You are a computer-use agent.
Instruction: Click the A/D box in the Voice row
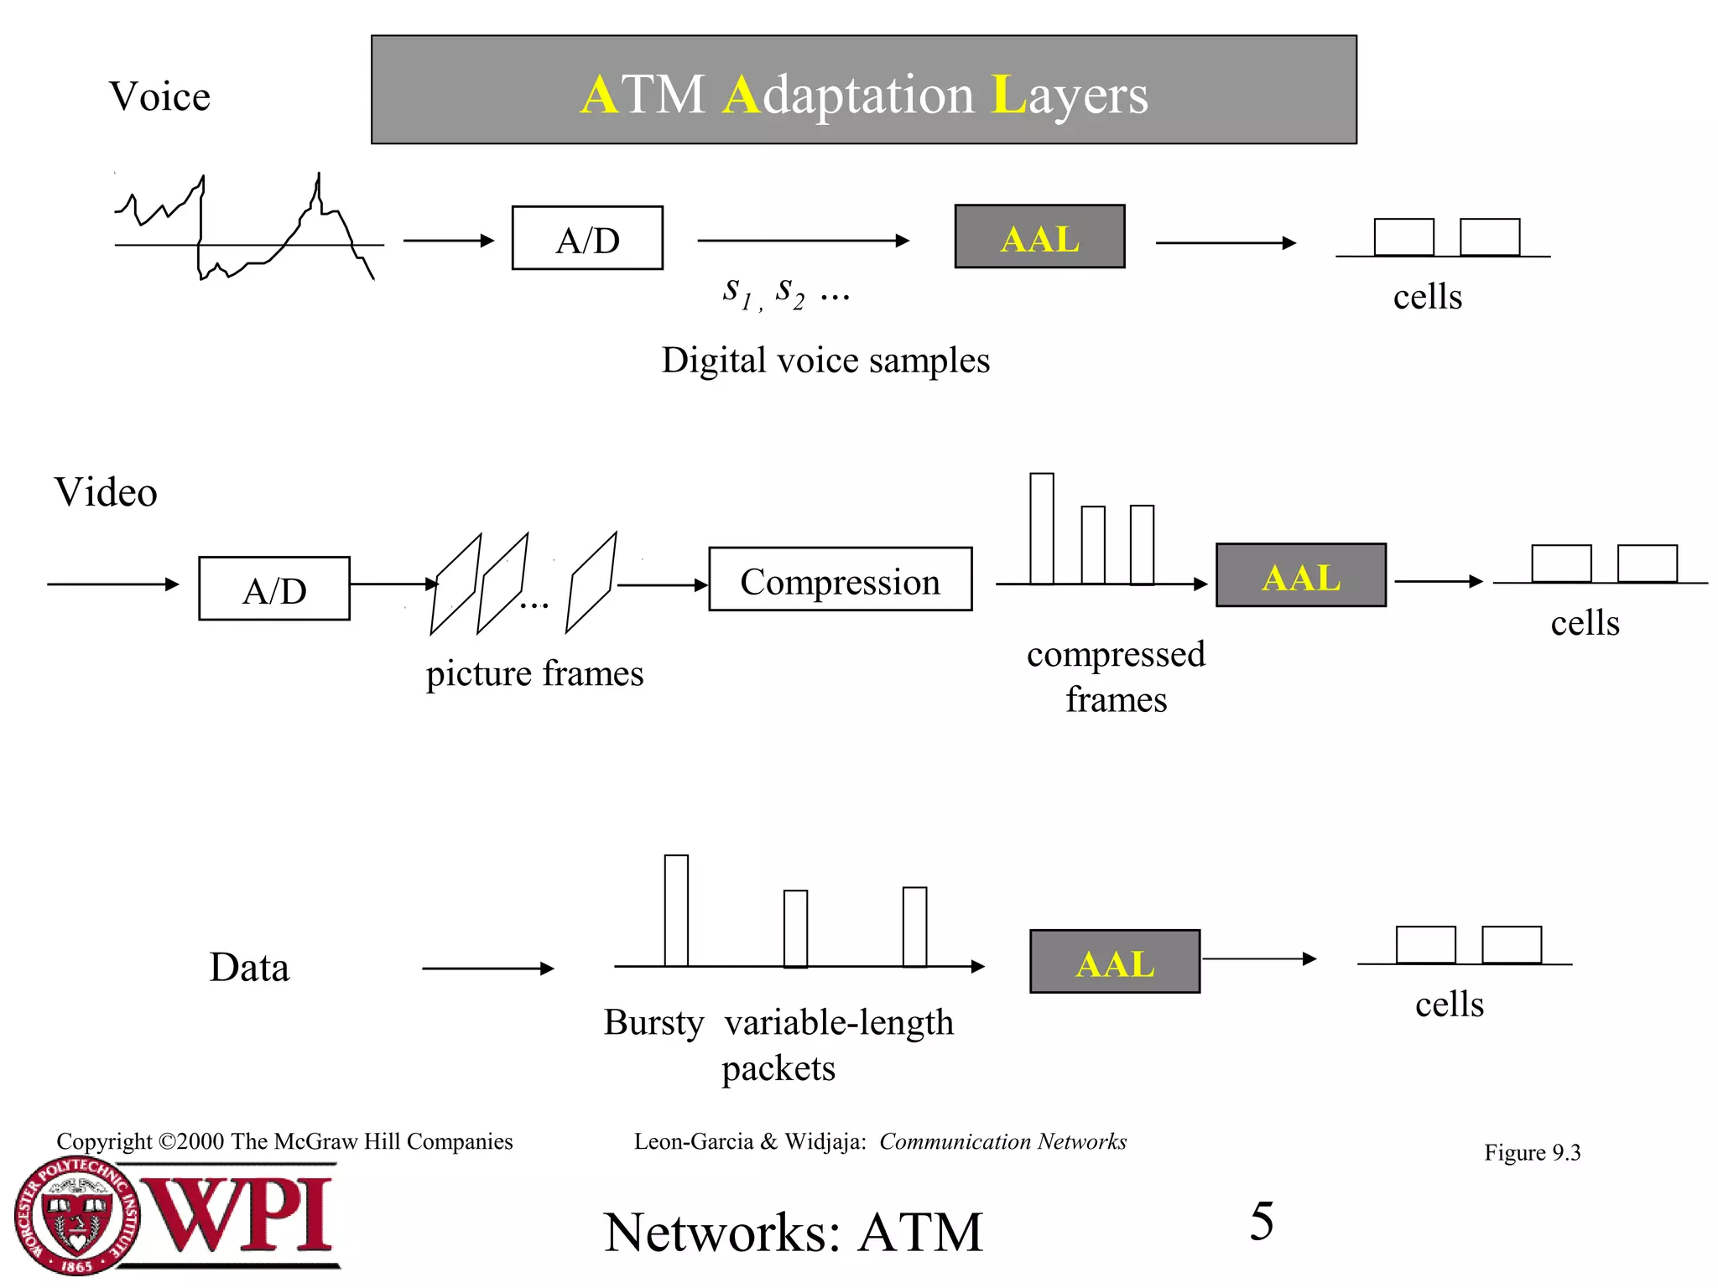point(587,238)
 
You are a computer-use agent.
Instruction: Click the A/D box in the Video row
point(274,589)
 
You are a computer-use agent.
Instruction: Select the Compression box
point(840,579)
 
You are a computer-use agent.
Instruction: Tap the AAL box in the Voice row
point(1039,237)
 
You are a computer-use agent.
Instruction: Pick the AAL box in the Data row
point(1115,962)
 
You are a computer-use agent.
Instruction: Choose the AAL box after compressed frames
point(1300,575)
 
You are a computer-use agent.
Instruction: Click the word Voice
point(159,96)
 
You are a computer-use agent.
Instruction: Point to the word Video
point(106,491)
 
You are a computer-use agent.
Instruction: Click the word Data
point(249,967)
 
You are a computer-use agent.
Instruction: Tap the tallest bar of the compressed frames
point(1042,528)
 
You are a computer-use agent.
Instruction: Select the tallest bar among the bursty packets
point(676,911)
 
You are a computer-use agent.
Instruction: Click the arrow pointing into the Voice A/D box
point(449,241)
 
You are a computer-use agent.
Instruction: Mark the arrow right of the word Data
point(487,969)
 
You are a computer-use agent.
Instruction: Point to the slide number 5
point(1261,1221)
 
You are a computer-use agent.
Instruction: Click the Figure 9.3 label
point(1532,1152)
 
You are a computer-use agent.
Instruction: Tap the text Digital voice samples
point(825,361)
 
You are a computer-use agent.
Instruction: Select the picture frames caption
point(534,673)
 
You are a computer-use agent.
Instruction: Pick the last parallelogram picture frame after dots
point(591,583)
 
